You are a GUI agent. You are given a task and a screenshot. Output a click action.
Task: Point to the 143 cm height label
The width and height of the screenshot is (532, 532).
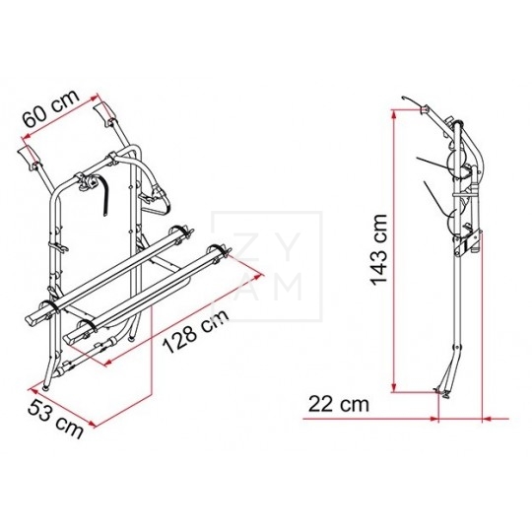tap(371, 250)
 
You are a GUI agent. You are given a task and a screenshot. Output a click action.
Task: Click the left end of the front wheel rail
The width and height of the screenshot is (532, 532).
tap(35, 317)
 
